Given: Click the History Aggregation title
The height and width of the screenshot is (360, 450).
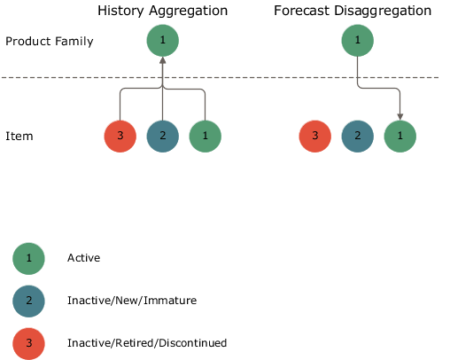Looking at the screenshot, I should (162, 12).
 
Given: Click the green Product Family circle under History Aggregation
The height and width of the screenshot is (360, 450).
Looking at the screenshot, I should (162, 41).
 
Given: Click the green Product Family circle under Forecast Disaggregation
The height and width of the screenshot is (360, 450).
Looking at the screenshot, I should (357, 41).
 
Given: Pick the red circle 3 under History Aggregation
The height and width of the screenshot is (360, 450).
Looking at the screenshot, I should (120, 137).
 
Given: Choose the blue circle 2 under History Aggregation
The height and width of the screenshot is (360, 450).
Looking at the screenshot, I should (162, 137).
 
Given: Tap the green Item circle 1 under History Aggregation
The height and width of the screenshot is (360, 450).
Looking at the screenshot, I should (205, 137).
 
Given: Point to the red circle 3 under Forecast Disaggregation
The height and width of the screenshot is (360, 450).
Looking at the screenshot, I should (314, 137).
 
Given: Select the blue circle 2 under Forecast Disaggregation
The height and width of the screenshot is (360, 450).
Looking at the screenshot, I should (357, 137).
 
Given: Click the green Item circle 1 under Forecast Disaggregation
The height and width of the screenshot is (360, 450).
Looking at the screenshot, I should (400, 137).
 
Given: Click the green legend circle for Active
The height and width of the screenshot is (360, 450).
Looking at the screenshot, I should (28, 258).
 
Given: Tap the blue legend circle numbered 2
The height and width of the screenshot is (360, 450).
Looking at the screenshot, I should (28, 301).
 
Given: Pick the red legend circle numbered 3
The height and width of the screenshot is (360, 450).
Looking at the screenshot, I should (28, 342).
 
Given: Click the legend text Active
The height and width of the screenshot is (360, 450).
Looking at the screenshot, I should (83, 258).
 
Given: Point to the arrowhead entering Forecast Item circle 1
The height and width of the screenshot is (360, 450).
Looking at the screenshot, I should (400, 116).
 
